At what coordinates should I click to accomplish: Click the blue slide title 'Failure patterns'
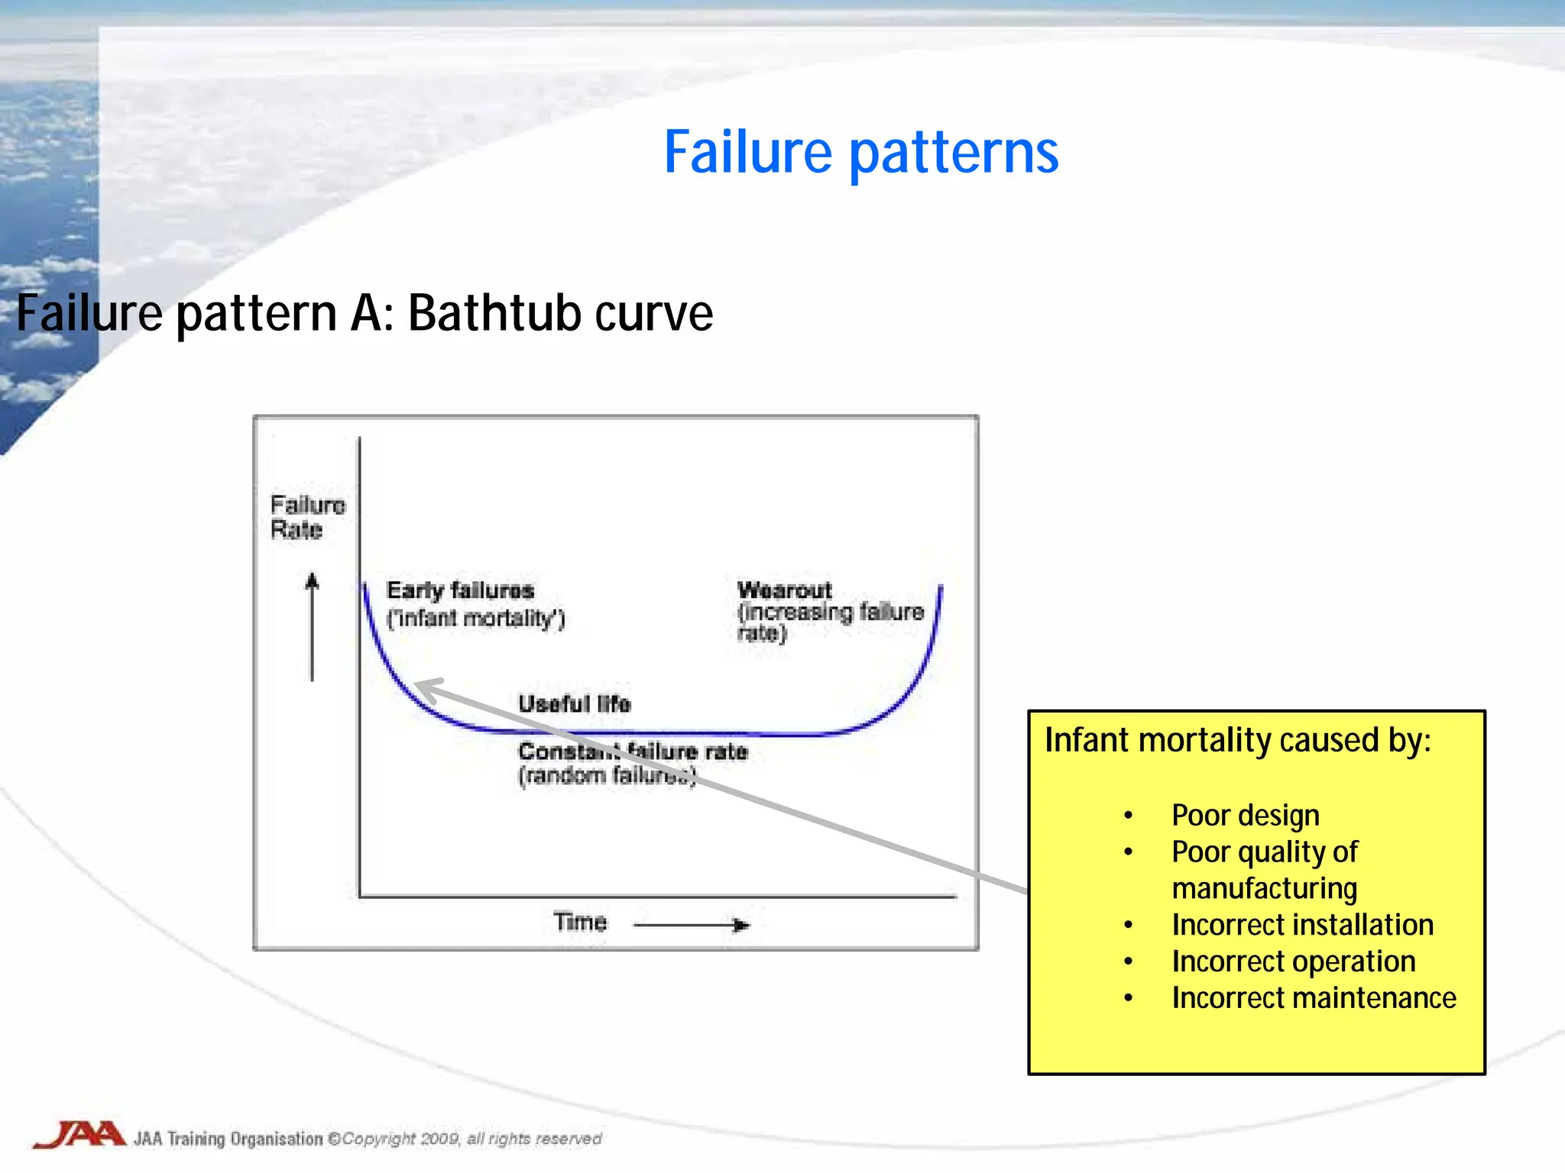[861, 153]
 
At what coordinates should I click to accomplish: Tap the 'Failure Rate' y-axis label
[307, 517]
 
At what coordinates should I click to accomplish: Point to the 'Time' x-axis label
[580, 922]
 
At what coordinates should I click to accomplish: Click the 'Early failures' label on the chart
[460, 590]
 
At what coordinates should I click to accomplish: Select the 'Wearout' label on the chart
[784, 590]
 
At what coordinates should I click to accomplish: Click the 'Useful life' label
[574, 703]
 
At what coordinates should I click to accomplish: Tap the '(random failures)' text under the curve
[607, 776]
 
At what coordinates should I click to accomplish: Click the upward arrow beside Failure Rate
[312, 626]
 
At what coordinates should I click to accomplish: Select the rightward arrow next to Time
[692, 925]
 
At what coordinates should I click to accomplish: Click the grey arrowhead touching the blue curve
[425, 688]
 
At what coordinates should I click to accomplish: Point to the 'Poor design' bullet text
[1245, 816]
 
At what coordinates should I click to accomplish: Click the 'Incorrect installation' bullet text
[1302, 925]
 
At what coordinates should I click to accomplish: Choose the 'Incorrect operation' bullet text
[1293, 961]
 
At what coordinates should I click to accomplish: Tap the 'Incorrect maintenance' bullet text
[1314, 998]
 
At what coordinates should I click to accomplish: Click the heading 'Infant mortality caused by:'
[1237, 740]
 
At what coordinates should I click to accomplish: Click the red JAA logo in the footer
[79, 1135]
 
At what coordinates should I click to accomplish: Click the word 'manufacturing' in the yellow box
[1264, 888]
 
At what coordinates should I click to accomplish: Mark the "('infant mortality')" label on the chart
[475, 618]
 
